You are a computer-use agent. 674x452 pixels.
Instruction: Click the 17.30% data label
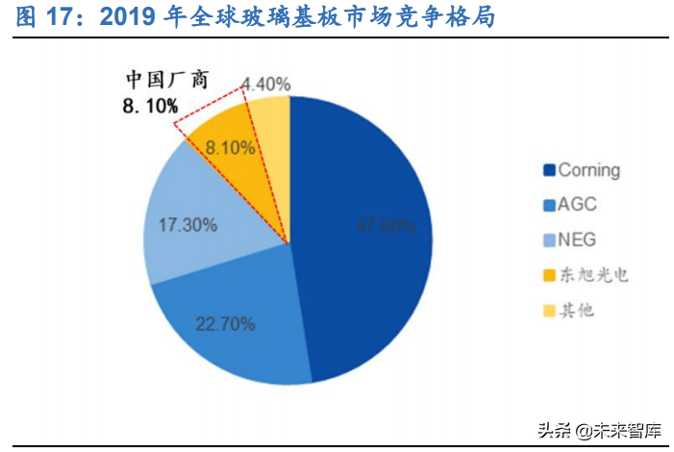(187, 225)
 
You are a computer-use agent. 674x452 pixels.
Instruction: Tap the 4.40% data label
(265, 84)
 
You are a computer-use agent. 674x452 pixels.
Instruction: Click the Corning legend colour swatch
(549, 171)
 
